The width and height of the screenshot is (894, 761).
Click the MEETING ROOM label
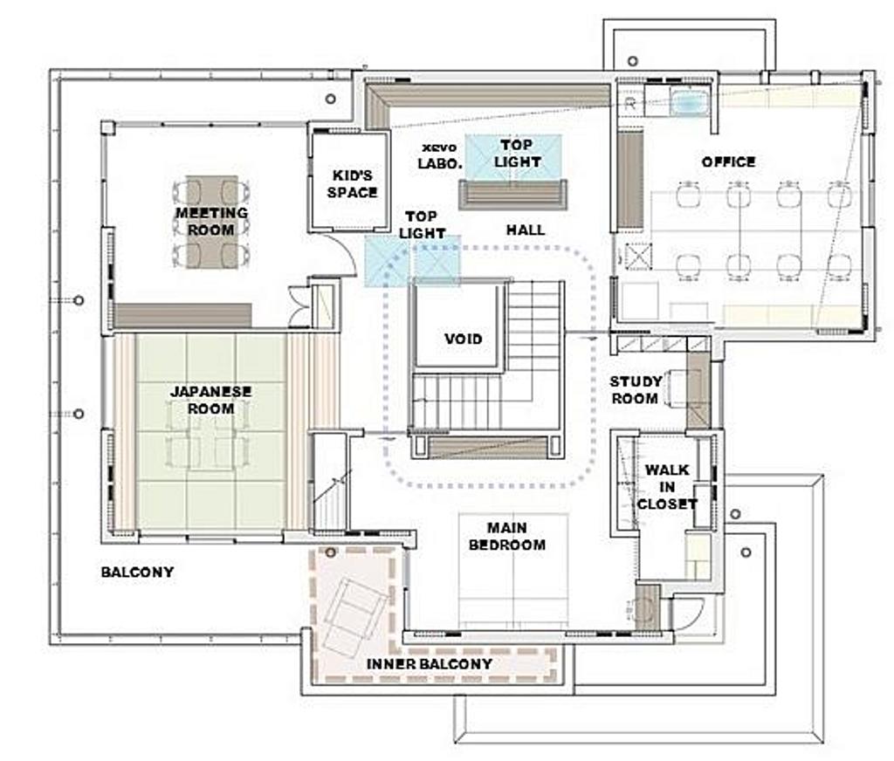tap(211, 221)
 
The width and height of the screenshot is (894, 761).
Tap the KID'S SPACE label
tap(353, 183)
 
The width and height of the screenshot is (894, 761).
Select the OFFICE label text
tap(729, 162)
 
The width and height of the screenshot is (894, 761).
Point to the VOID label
tap(463, 339)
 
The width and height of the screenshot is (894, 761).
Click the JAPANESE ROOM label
tap(211, 401)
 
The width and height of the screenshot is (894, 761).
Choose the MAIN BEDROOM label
tap(507, 537)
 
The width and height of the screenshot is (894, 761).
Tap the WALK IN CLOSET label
tap(666, 487)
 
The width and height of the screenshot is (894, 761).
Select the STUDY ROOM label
tap(636, 390)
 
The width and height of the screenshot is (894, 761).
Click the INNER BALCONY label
tap(430, 663)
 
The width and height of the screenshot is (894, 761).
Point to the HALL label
tap(525, 230)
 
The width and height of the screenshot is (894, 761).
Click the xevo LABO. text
tap(440, 155)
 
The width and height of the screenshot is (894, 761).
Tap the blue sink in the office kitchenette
tap(690, 103)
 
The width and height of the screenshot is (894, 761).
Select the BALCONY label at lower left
tap(137, 572)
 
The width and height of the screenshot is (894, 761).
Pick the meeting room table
tap(211, 221)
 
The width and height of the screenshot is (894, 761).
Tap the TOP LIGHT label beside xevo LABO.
tap(517, 153)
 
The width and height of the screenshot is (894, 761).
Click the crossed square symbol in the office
tap(638, 256)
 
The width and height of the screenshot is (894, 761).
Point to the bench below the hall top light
tap(512, 195)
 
